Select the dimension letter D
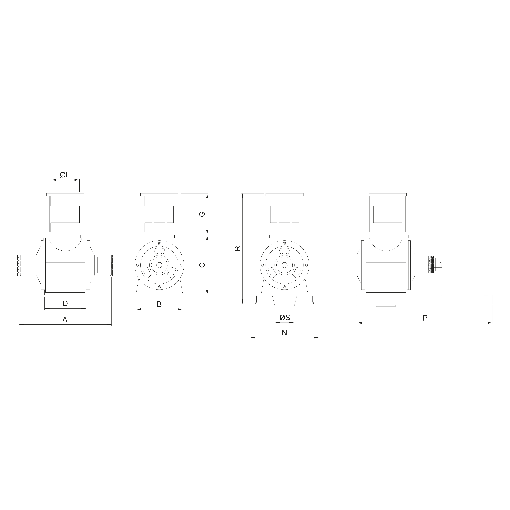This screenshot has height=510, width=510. (65, 304)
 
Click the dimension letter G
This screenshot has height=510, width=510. (202, 214)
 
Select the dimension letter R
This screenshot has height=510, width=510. (238, 248)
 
